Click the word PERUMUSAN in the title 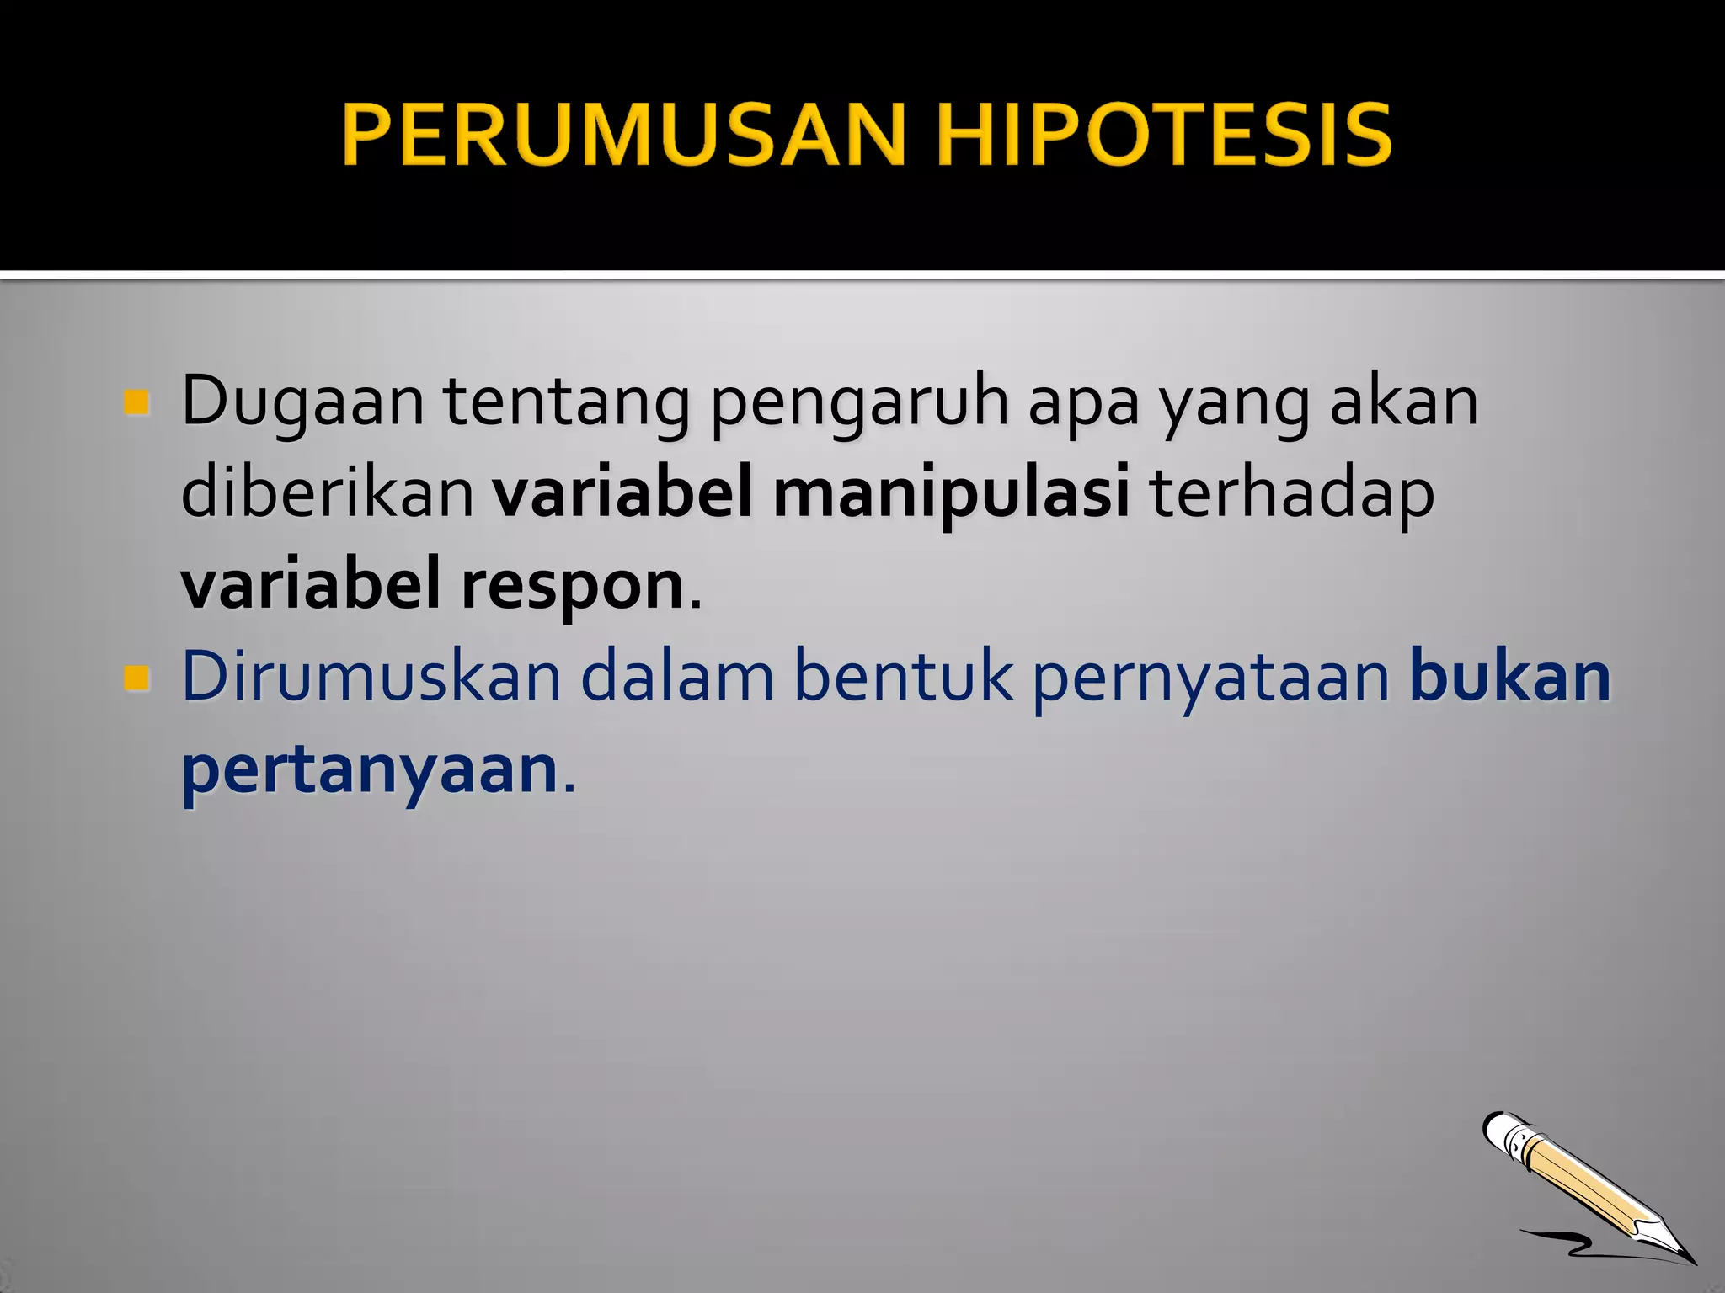click(623, 135)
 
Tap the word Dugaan click(302, 402)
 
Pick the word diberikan click(328, 493)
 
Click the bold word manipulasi click(951, 495)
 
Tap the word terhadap click(1292, 495)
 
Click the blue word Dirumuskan click(371, 677)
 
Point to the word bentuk click(903, 677)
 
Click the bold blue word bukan click(1510, 677)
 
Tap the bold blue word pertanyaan click(370, 771)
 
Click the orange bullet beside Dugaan click(136, 402)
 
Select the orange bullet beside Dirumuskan click(136, 678)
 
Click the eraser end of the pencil click(1502, 1131)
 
